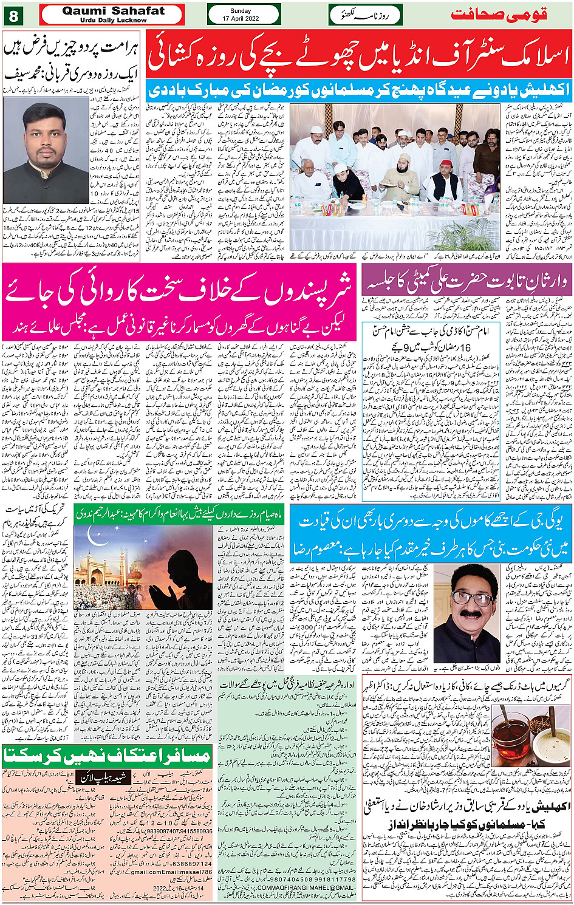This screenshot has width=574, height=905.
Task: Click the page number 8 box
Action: pyautogui.click(x=13, y=14)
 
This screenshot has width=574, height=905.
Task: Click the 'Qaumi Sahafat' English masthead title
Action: pyautogui.click(x=113, y=10)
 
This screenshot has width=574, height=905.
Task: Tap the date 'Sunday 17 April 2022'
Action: pyautogui.click(x=244, y=15)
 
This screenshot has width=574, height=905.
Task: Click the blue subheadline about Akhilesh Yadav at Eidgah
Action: pyautogui.click(x=359, y=90)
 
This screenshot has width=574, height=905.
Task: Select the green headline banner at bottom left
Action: pyautogui.click(x=107, y=756)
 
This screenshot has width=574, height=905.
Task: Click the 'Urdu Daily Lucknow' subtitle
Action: pyautogui.click(x=113, y=20)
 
